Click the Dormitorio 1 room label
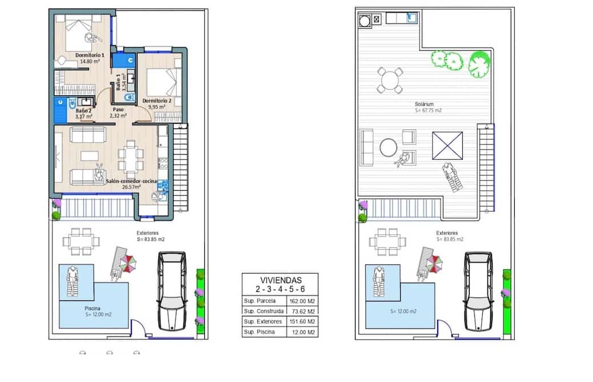pos(90,55)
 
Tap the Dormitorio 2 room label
pos(157,101)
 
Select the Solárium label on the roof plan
pos(424,104)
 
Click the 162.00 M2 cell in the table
pos(302,301)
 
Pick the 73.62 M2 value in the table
pos(304,312)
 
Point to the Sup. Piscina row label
pos(260,332)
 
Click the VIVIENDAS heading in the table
pos(281,280)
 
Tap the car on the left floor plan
pos(172,291)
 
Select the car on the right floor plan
pos(478,291)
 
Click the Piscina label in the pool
pos(92,308)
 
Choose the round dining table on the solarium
pos(390,80)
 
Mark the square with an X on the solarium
pos(447,146)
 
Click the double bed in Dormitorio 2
pos(161,82)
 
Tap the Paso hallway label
pos(118,110)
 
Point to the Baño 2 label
pos(83,111)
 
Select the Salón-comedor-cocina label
pos(131,181)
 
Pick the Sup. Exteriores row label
pos(263,321)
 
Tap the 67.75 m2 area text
pos(428,110)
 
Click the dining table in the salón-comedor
pos(131,159)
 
